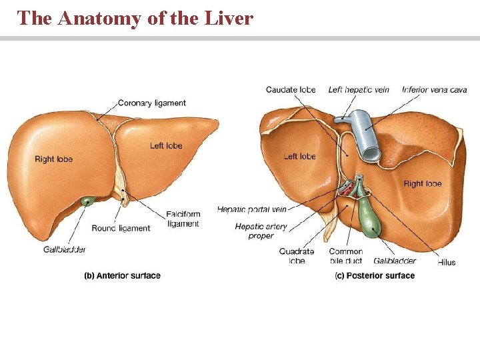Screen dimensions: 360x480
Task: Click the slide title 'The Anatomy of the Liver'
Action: click(x=135, y=18)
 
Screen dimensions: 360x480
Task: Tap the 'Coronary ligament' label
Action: click(x=151, y=103)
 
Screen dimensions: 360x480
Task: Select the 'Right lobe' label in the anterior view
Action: click(x=53, y=159)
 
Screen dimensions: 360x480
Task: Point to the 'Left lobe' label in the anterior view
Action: click(x=166, y=146)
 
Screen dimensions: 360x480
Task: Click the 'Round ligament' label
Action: click(x=121, y=228)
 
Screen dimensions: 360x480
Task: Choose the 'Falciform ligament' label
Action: click(x=183, y=219)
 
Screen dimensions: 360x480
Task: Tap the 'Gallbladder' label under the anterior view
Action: click(x=65, y=249)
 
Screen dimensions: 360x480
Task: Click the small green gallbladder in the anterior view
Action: click(x=87, y=201)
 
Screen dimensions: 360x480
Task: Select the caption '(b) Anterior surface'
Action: click(x=122, y=275)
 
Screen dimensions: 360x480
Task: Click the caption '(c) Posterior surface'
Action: click(x=375, y=275)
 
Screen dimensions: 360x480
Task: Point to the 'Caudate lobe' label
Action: click(x=291, y=90)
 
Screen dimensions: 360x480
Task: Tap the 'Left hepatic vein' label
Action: click(x=359, y=90)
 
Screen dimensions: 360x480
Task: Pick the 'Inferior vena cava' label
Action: click(x=435, y=90)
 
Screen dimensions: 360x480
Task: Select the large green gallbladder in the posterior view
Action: click(x=369, y=216)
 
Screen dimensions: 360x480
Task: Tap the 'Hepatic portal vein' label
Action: click(x=251, y=209)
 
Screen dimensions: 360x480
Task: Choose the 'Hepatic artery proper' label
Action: click(x=261, y=231)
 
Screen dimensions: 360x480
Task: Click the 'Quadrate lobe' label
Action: click(x=297, y=256)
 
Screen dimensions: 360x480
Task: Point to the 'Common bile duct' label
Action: click(x=345, y=256)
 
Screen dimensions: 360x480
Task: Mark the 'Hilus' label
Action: click(x=446, y=262)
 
